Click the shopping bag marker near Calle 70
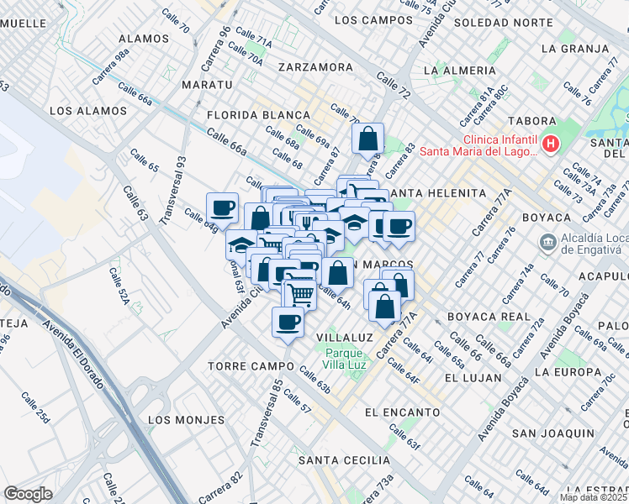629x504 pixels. (x=368, y=139)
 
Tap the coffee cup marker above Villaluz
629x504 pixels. (x=288, y=322)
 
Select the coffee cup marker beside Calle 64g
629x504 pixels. (x=222, y=207)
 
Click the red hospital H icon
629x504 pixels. (x=551, y=144)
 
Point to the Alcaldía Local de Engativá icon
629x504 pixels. (x=547, y=242)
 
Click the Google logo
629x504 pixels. (x=29, y=494)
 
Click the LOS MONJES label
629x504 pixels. (x=186, y=419)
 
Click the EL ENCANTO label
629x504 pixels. (x=403, y=412)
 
